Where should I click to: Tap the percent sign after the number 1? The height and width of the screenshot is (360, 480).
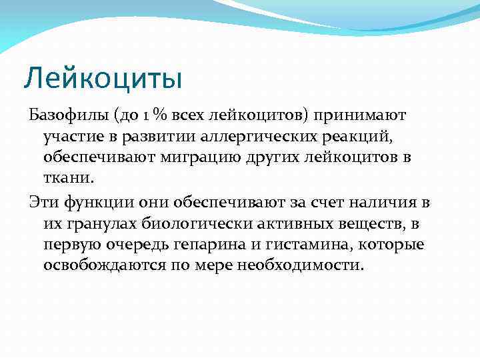tap(159, 116)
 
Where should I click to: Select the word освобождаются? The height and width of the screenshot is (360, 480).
tap(107, 265)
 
